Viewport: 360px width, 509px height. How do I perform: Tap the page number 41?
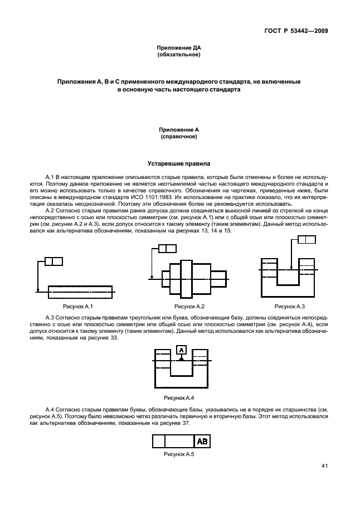pos(324,466)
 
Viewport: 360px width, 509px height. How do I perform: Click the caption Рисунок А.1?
pos(77,307)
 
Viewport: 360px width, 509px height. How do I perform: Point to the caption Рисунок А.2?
pos(189,307)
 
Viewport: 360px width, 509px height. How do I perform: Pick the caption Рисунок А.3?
pos(289,307)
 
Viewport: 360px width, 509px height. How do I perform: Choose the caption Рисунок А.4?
pos(178,397)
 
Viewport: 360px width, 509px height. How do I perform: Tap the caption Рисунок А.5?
pos(178,455)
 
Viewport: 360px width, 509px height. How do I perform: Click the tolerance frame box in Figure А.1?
pos(53,261)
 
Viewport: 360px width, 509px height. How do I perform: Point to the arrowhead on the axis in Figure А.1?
pos(37,290)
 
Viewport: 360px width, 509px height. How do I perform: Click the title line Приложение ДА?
pos(179,49)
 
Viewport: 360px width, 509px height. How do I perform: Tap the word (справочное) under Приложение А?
pos(179,136)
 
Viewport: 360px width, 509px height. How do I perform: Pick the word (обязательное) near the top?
pos(179,55)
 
